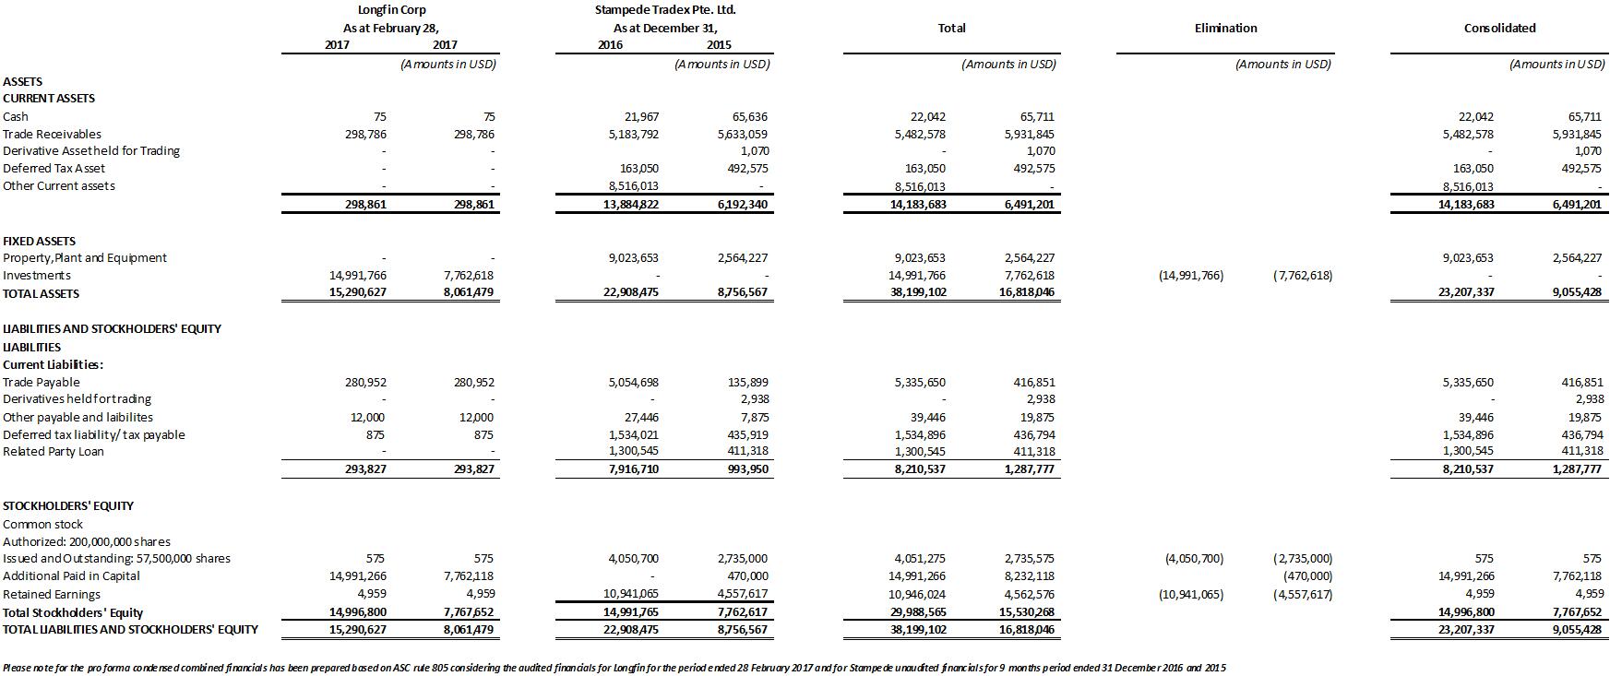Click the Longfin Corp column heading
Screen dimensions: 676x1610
[x=391, y=10]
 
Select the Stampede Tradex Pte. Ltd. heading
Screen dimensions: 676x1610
[x=665, y=10]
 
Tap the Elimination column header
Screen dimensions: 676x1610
[x=1225, y=28]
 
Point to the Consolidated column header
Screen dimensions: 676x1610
[x=1499, y=28]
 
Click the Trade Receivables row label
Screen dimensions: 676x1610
[x=52, y=134]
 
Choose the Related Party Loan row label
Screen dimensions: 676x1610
[x=54, y=452]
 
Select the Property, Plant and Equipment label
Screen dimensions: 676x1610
[x=85, y=258]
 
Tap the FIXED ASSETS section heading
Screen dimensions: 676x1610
[x=40, y=241]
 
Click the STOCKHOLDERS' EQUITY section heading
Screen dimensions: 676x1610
[x=68, y=505]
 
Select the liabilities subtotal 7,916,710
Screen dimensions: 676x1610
[x=631, y=468]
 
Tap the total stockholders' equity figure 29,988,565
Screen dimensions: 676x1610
[x=920, y=612]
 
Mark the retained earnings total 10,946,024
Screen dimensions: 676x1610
[x=920, y=595]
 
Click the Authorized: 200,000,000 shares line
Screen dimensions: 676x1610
[x=87, y=541]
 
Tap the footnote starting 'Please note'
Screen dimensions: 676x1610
[x=614, y=668]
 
